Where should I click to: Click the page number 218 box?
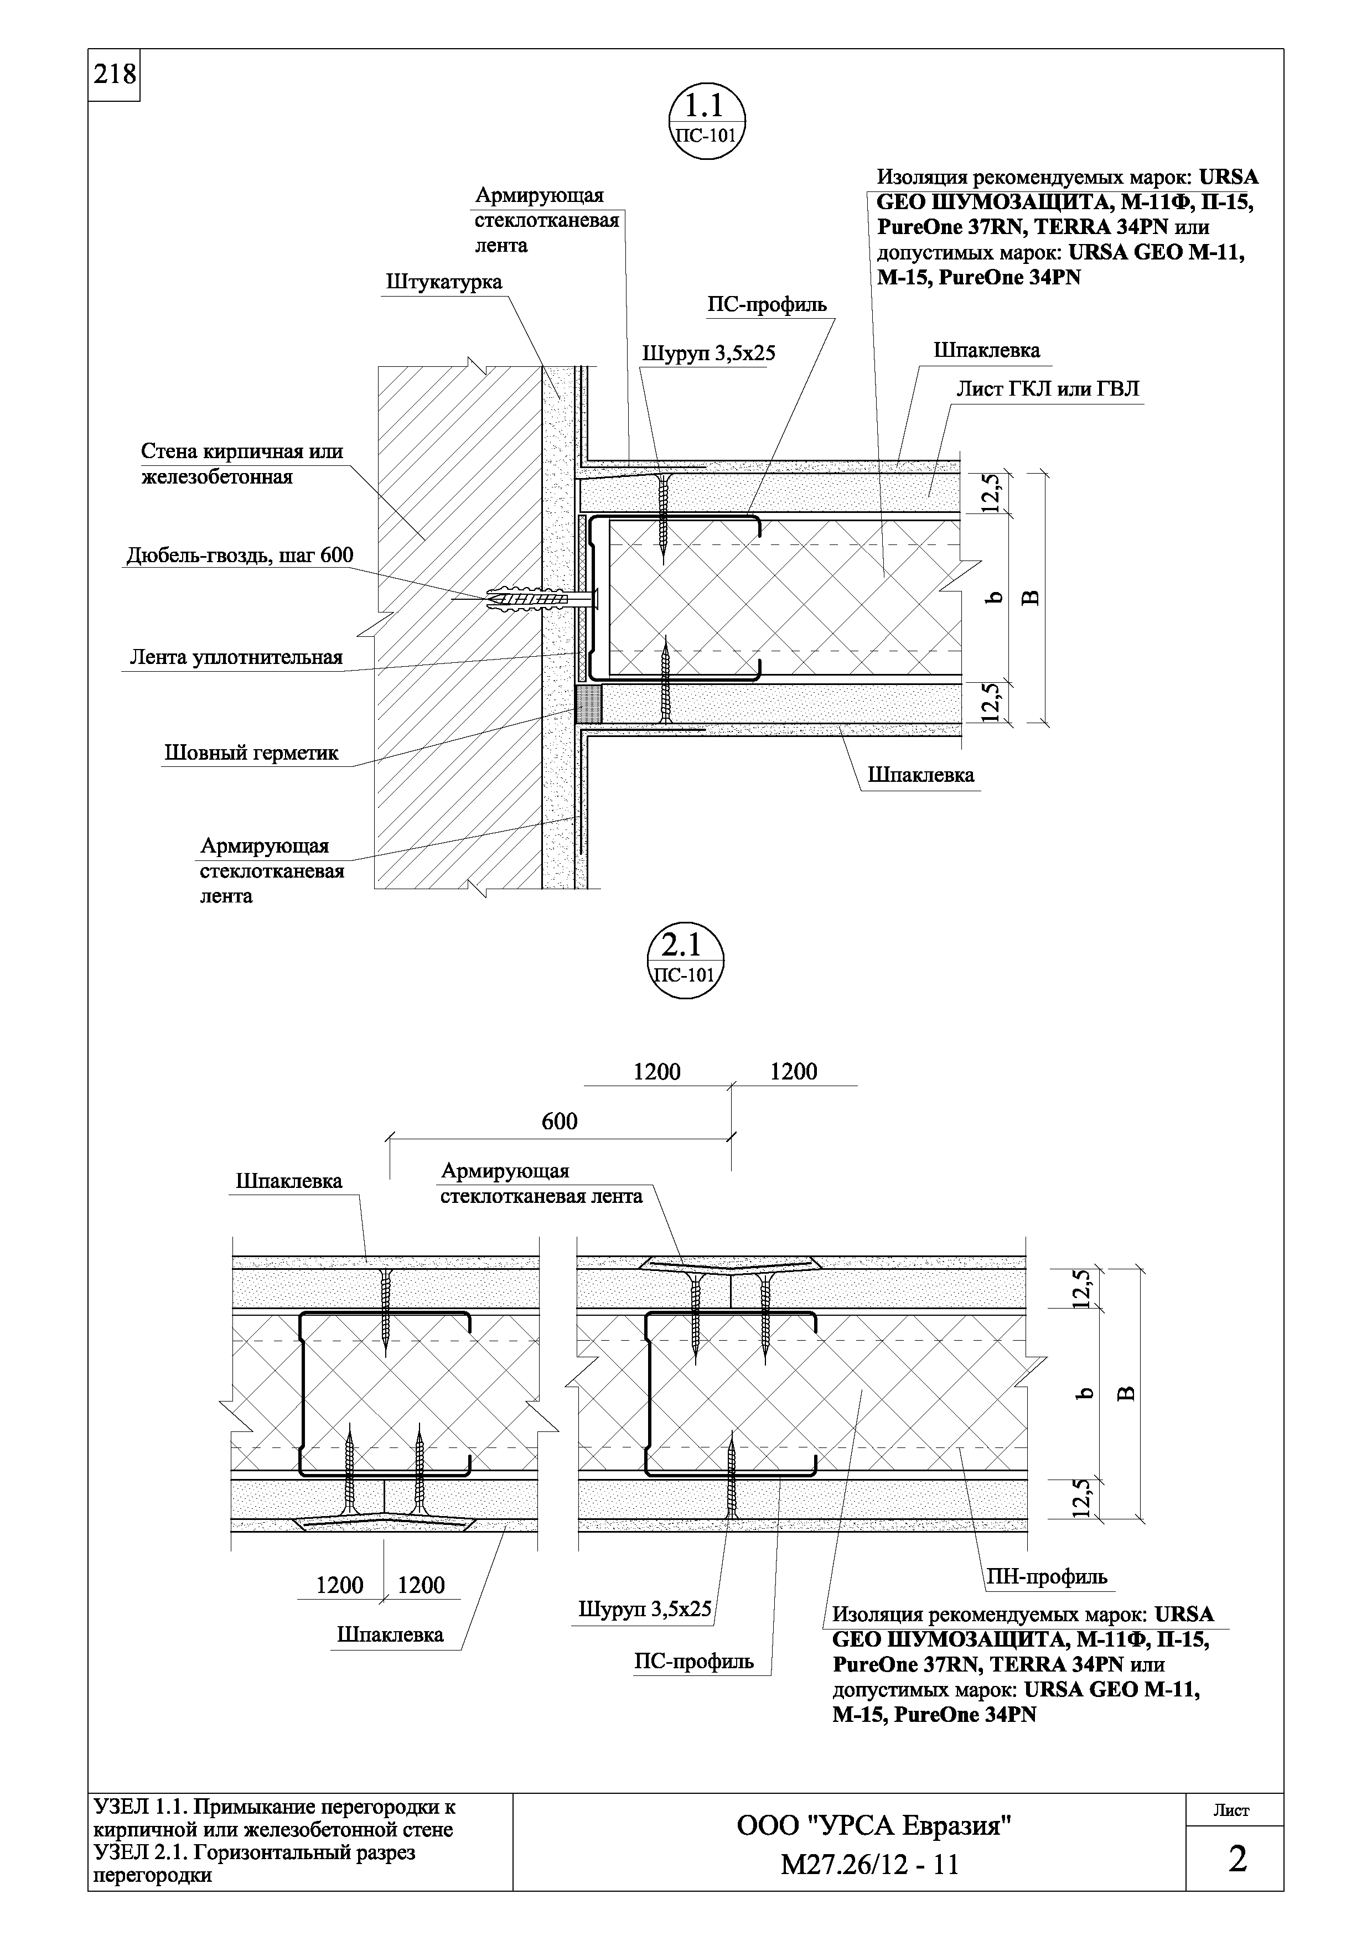point(113,75)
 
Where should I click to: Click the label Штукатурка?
point(444,282)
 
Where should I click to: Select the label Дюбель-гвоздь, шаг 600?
point(240,556)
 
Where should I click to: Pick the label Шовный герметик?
point(251,753)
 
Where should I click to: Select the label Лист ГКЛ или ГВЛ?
point(1047,389)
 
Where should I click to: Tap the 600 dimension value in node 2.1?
point(559,1122)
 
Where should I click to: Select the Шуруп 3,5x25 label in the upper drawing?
point(708,354)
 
